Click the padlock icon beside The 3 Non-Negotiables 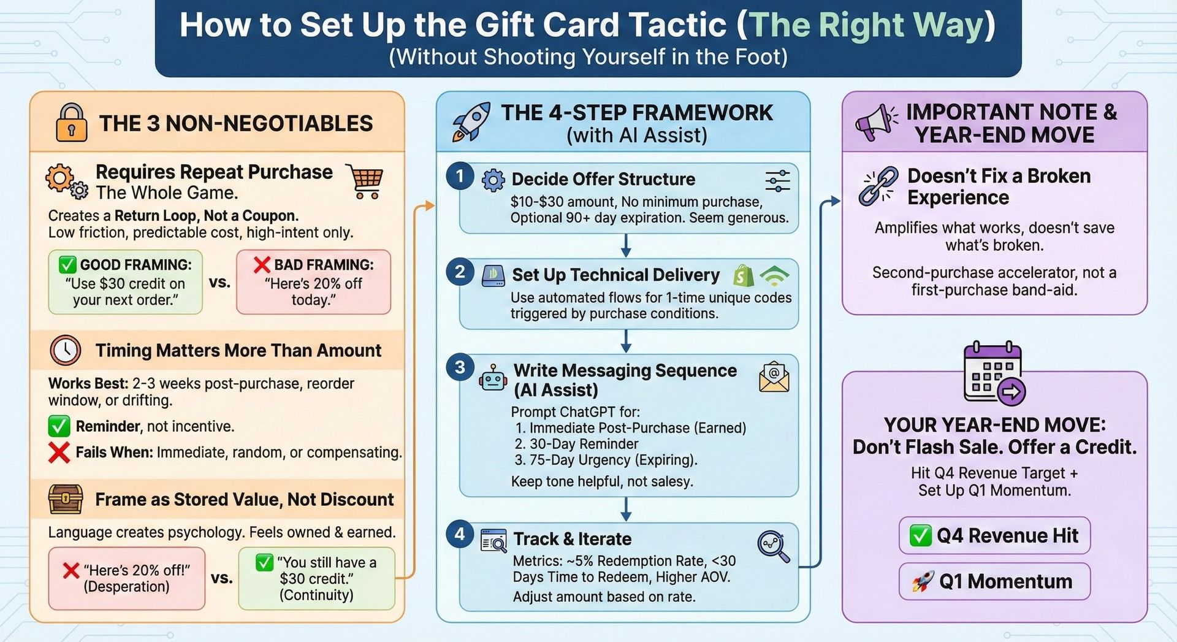point(71,123)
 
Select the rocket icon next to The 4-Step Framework point(471,122)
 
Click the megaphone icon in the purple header point(875,123)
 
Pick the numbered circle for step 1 point(460,177)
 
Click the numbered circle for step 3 point(460,368)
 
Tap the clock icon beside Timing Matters point(66,350)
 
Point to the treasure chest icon point(66,500)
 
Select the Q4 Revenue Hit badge point(994,535)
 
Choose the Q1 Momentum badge point(994,581)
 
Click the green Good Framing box point(126,282)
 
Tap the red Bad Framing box point(313,282)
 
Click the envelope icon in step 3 point(774,376)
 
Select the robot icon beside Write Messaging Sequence point(493,378)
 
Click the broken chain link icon point(878,186)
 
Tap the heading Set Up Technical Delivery point(615,275)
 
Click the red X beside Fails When point(59,453)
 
